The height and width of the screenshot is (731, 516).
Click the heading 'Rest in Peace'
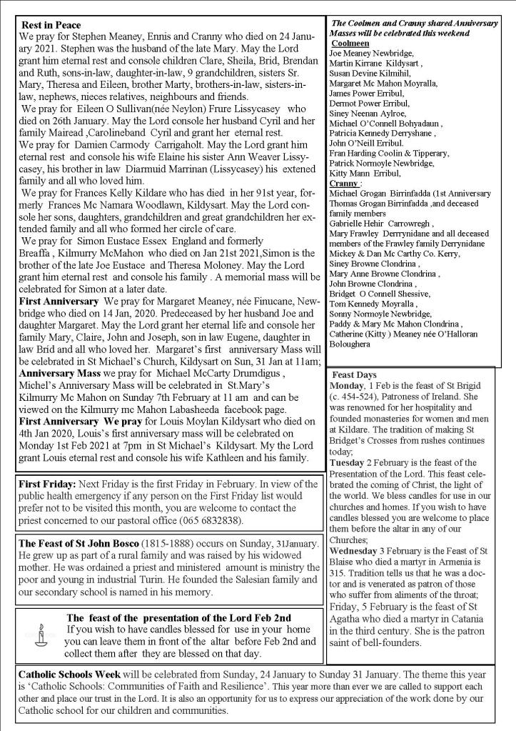[51, 25]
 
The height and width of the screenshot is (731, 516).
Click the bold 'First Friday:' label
[51, 484]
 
